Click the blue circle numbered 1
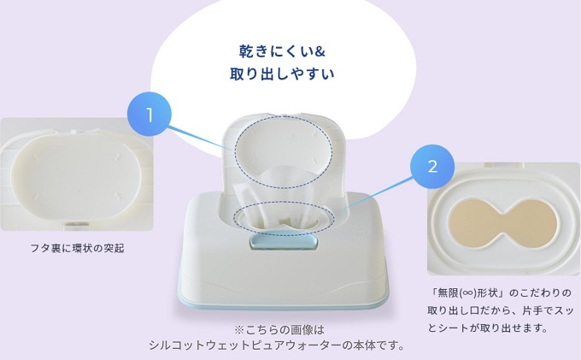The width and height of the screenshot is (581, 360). (150, 115)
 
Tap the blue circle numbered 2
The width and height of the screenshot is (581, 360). (432, 167)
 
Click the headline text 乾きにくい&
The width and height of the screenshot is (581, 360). (282, 51)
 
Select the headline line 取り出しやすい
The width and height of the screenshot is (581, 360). (282, 74)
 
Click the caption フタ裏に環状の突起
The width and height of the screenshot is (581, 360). (77, 248)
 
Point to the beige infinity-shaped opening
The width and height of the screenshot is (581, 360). (503, 224)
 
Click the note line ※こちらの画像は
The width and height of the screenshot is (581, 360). (279, 329)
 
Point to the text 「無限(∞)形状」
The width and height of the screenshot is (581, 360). (467, 293)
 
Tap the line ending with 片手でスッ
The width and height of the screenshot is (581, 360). (500, 310)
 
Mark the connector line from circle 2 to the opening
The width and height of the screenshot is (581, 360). (377, 194)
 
